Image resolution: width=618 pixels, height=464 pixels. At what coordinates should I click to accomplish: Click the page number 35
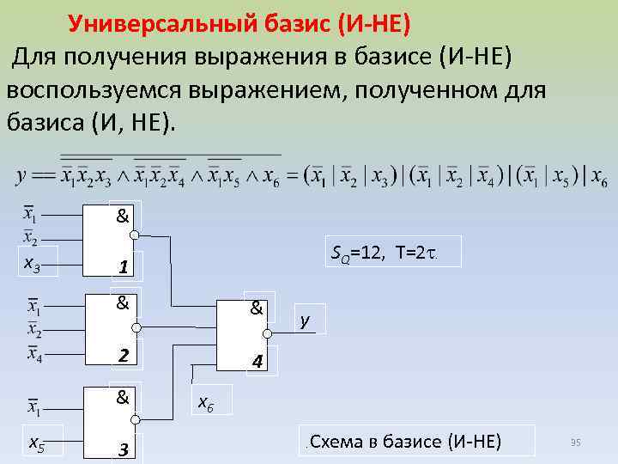click(576, 443)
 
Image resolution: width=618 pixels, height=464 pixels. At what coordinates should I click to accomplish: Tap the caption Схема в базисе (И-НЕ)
click(404, 442)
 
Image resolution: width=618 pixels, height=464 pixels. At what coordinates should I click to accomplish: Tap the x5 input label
click(37, 443)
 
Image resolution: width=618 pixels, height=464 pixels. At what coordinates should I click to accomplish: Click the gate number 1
click(124, 268)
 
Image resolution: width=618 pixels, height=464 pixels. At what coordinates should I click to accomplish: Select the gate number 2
click(124, 355)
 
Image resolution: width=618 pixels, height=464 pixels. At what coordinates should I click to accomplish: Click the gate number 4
click(256, 363)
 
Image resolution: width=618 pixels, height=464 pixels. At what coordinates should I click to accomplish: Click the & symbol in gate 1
click(123, 215)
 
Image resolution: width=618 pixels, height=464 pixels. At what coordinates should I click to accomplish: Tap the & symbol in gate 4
click(256, 306)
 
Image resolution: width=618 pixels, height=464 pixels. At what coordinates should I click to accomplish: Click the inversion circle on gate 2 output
click(134, 327)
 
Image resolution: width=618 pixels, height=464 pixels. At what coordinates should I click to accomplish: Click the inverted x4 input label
click(33, 353)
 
